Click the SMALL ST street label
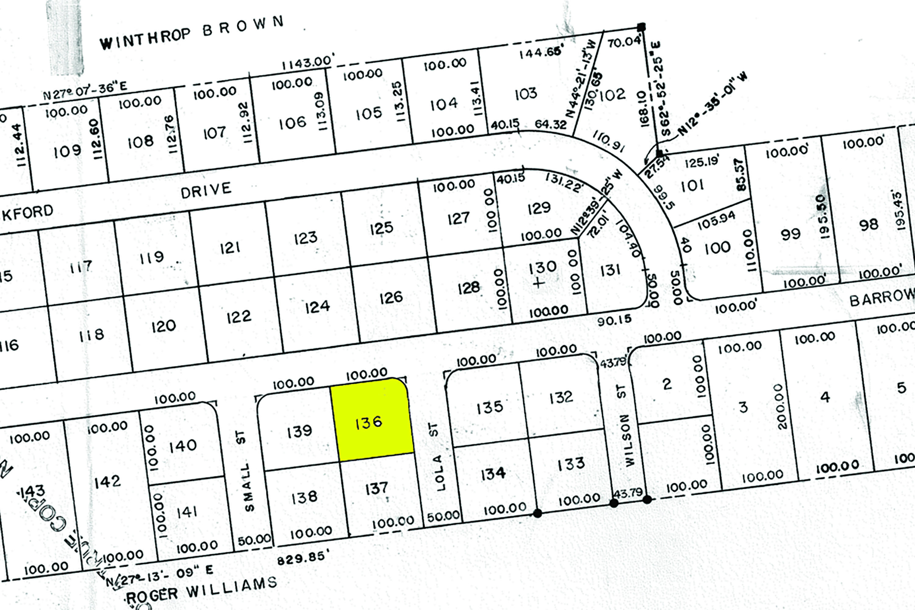(x=246, y=471)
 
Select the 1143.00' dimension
(x=308, y=62)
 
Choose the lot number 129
(x=539, y=208)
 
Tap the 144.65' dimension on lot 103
(x=540, y=52)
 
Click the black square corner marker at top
(x=641, y=27)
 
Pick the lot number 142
(x=107, y=482)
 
